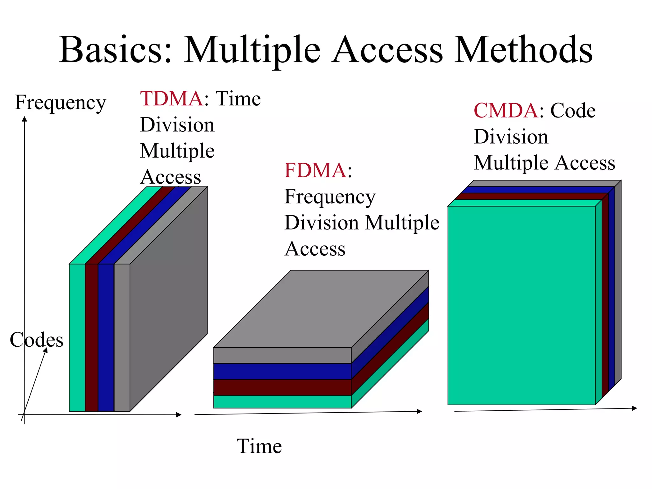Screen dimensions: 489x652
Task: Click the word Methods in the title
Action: [523, 50]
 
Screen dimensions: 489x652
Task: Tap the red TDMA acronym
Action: [171, 99]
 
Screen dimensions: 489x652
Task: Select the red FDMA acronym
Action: [315, 171]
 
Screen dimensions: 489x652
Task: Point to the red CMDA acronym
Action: [506, 111]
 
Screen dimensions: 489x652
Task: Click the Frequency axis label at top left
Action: [60, 103]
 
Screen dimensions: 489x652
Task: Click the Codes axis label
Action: [37, 340]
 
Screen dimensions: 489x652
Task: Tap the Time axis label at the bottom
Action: [259, 446]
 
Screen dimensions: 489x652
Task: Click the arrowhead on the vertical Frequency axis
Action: [25, 119]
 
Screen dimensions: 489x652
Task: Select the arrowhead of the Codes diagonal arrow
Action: [46, 350]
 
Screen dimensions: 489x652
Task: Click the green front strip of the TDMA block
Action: [77, 337]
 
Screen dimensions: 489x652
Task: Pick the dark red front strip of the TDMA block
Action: [92, 337]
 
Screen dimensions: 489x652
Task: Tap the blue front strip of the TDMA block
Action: [106, 337]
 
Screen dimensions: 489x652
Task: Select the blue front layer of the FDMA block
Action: [282, 371]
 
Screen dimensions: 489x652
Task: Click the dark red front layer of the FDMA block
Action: [282, 387]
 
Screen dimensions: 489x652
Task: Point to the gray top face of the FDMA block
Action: [322, 309]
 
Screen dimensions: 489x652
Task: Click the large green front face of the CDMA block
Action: [521, 306]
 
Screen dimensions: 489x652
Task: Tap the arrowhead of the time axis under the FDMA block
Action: [420, 411]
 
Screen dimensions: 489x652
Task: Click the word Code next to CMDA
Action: [573, 111]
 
